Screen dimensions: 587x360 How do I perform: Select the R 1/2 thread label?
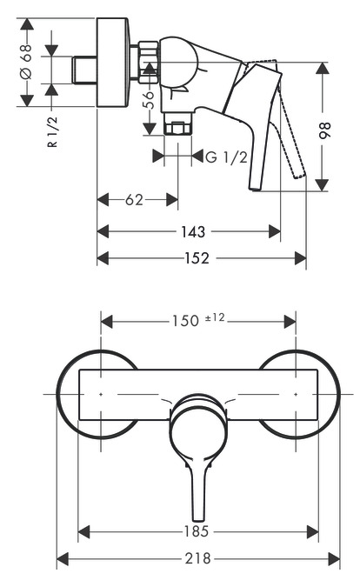(53, 132)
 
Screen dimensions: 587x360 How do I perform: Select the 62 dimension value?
(134, 200)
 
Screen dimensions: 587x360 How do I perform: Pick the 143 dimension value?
(194, 231)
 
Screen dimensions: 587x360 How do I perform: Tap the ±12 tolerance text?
(215, 318)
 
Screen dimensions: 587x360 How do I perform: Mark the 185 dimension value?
(199, 530)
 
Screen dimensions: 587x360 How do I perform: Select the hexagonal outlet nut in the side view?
(177, 129)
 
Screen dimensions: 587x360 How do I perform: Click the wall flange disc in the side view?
(113, 62)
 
